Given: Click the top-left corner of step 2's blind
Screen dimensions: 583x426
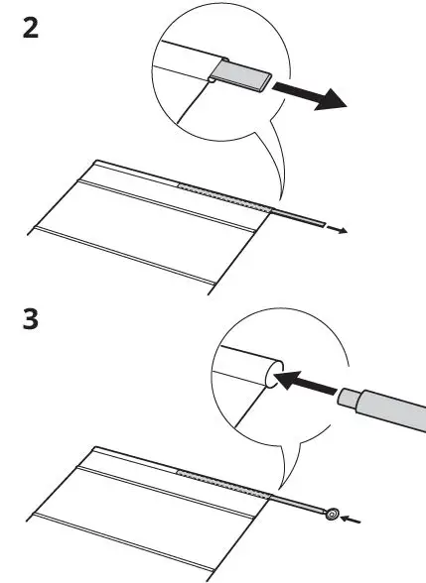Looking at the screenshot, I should (x=94, y=160).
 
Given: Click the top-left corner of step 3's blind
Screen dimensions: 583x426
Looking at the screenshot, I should (x=94, y=445).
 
